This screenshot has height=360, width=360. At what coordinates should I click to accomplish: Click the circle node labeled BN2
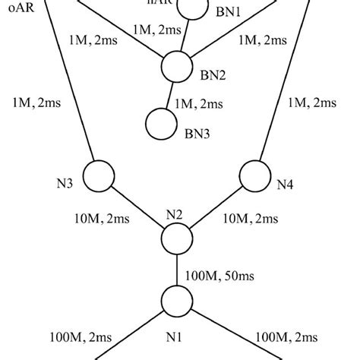178,67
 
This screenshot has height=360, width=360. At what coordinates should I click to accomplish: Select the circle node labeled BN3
160,122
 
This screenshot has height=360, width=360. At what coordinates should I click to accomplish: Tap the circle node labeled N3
98,176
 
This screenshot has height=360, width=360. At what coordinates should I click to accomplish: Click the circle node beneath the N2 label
178,239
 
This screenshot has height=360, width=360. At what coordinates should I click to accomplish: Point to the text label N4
284,183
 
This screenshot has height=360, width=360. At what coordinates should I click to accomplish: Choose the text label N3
65,183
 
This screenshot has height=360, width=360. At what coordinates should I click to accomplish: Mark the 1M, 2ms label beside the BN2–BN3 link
200,102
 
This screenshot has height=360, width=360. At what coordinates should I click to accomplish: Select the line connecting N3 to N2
137,208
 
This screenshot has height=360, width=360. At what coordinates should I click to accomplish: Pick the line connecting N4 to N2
216,207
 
